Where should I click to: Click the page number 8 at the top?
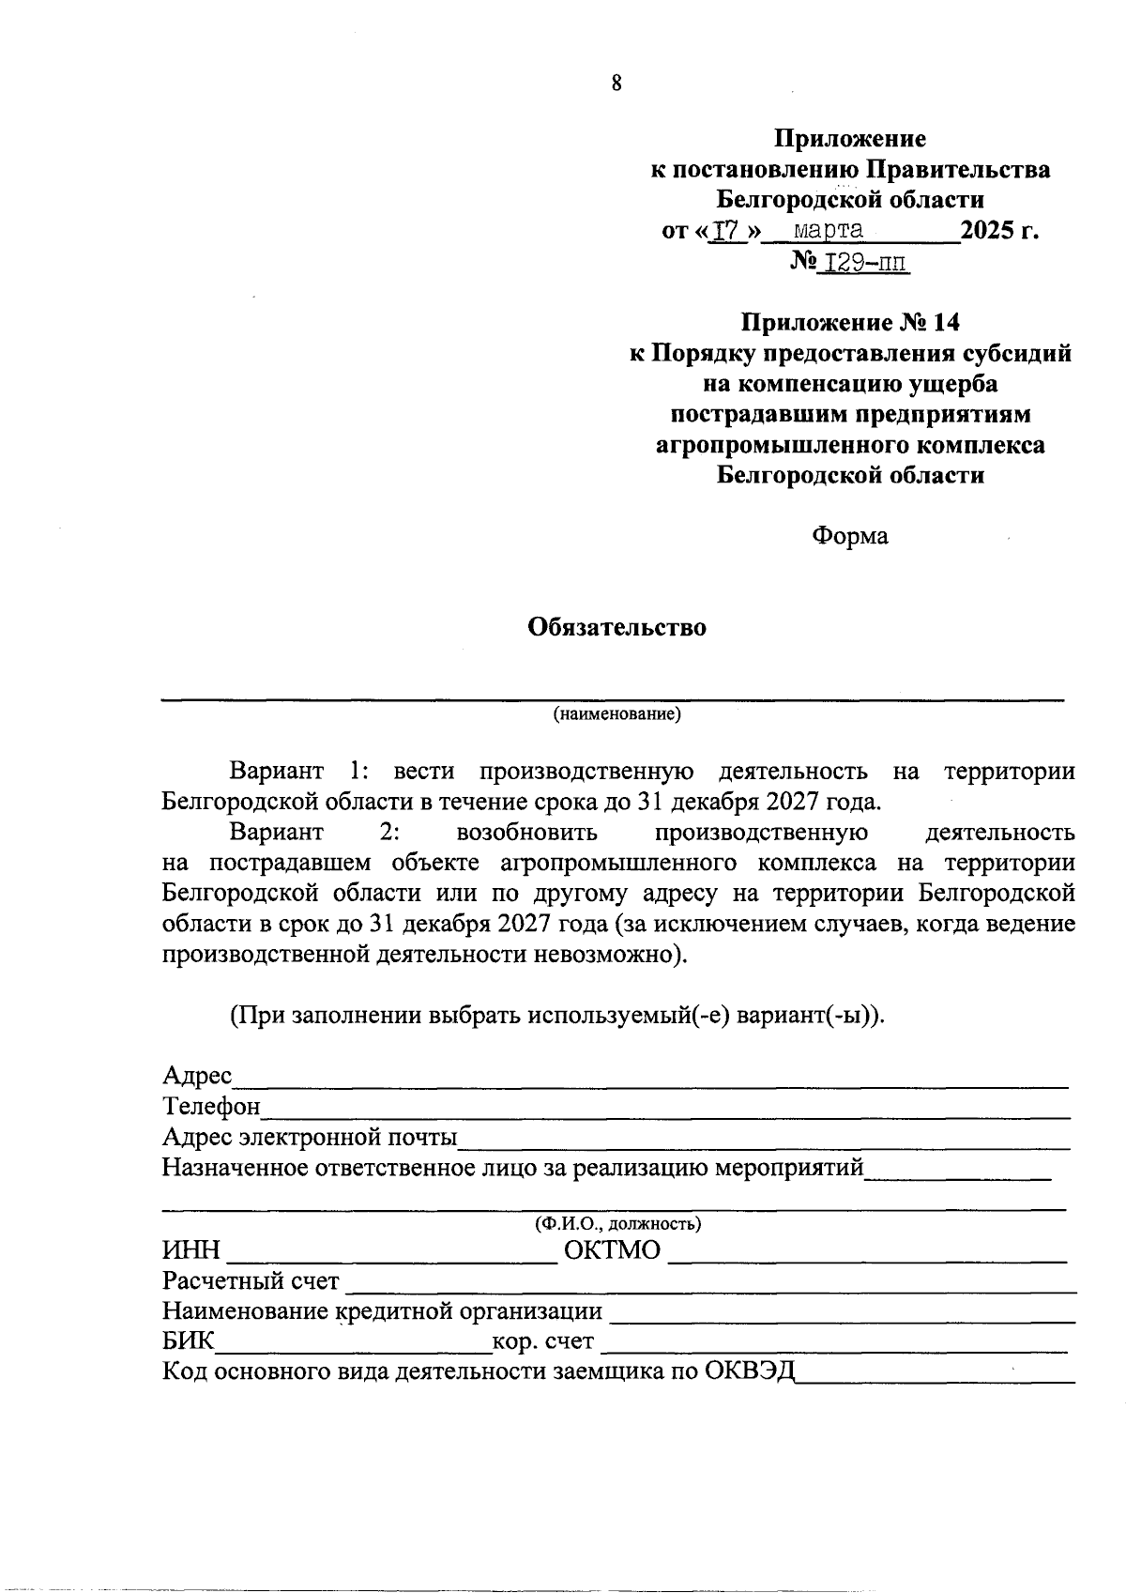[x=616, y=84]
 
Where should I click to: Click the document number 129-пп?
[x=863, y=262]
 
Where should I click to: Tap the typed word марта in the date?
[x=829, y=230]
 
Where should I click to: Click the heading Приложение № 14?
[x=851, y=323]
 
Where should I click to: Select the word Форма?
[x=849, y=536]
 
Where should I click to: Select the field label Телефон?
[x=211, y=1107]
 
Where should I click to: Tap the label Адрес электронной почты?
[x=310, y=1138]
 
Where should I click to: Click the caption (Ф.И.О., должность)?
[x=616, y=1224]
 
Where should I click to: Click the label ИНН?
[x=190, y=1251]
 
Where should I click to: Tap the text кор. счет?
[x=543, y=1342]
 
